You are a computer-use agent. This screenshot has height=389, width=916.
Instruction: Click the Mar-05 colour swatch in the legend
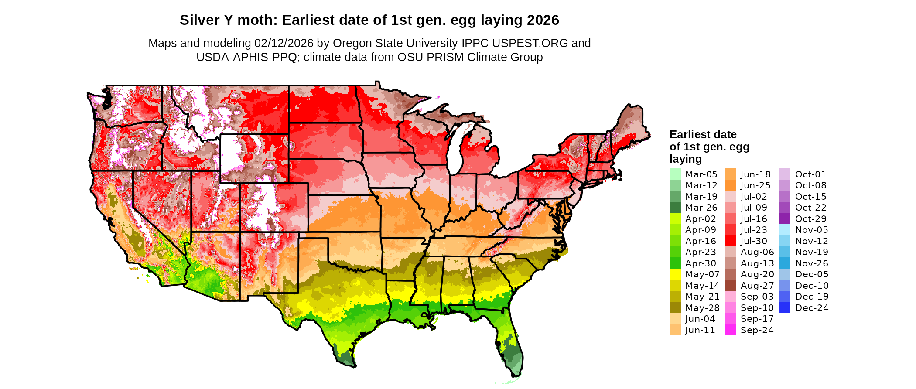point(675,174)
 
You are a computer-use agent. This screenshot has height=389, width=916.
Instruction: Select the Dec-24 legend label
point(811,308)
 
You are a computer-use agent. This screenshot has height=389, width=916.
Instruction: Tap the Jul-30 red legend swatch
point(730,241)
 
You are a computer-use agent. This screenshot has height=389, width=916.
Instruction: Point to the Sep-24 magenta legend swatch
point(730,330)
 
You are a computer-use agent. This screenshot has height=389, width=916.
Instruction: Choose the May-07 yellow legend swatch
point(675,274)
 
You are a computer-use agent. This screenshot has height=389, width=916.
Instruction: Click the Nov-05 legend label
point(811,230)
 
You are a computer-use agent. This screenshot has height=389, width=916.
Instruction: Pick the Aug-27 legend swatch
point(730,286)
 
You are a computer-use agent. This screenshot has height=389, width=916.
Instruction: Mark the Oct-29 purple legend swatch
point(785,219)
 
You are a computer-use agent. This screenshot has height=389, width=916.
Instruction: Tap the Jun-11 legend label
point(700,330)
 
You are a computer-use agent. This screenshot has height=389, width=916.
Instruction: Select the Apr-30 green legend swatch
point(675,263)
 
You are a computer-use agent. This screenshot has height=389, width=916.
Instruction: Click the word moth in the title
point(262,20)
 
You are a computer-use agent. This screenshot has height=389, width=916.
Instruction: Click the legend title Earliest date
point(703,134)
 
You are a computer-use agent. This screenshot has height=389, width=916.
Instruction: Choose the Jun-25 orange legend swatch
point(730,185)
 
